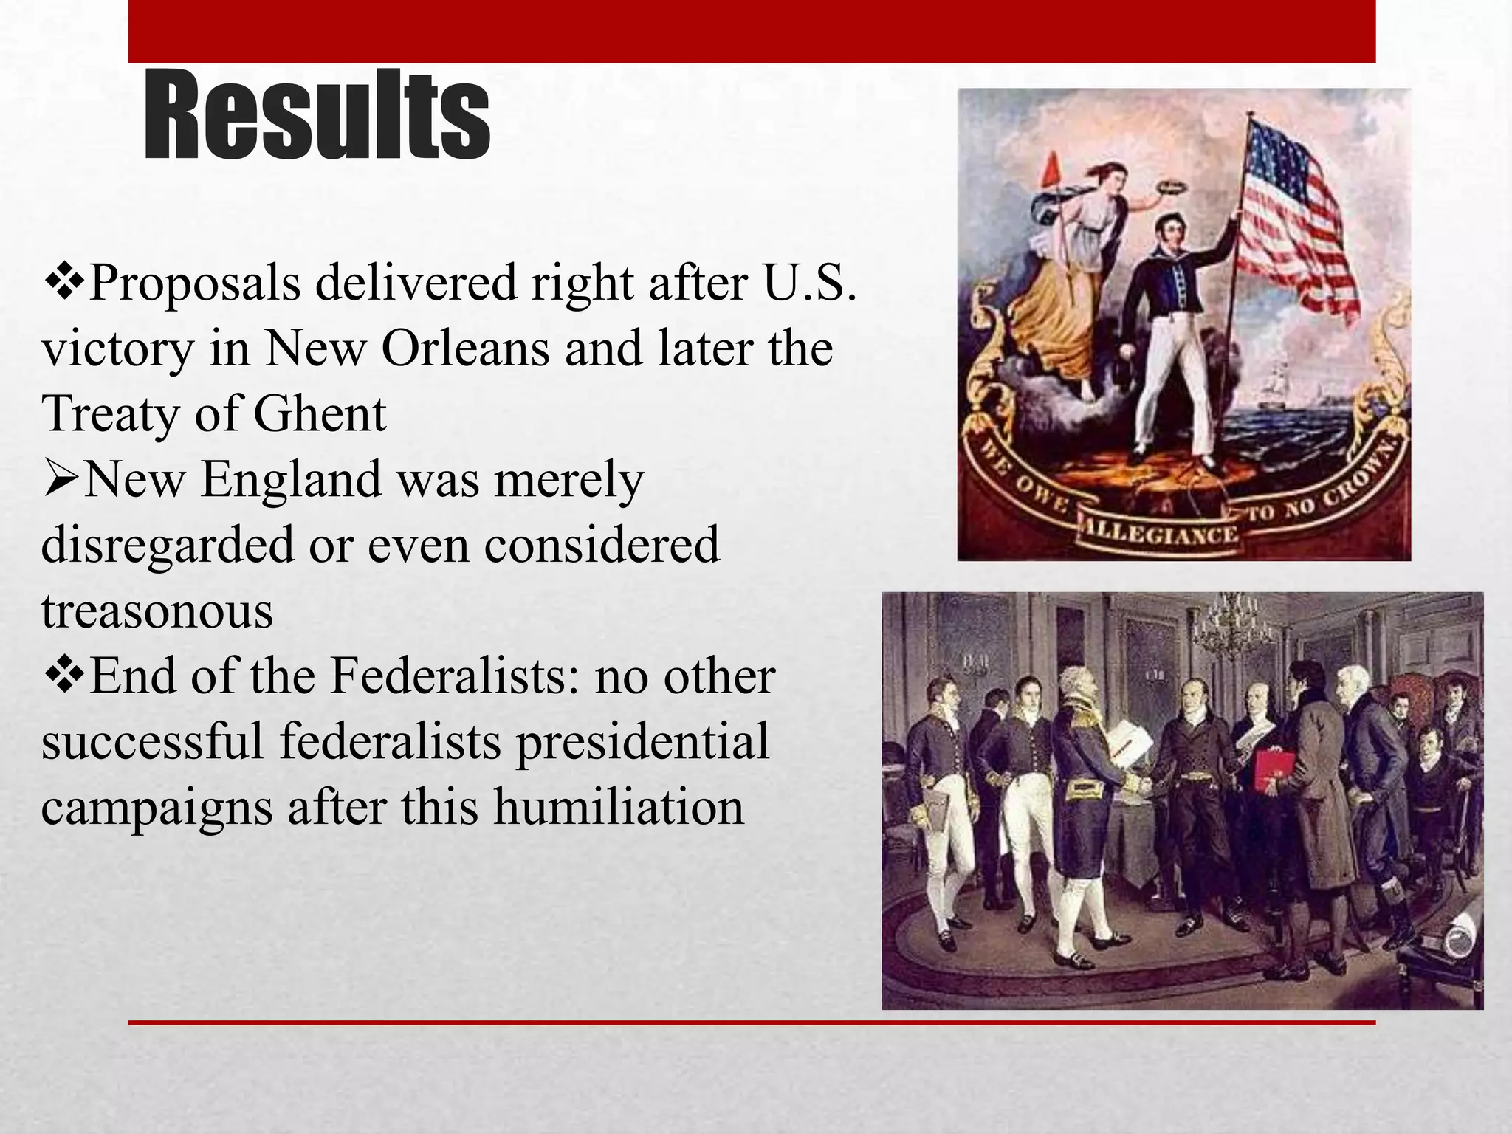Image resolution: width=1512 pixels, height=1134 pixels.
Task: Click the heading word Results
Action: pos(317,115)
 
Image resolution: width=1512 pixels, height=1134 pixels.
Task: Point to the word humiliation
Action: pos(619,806)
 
